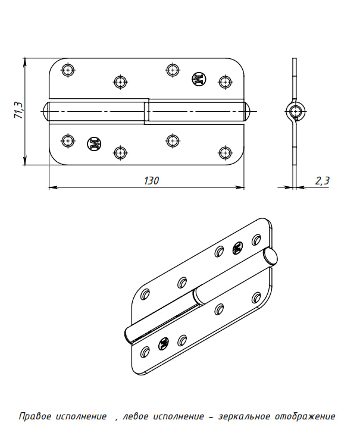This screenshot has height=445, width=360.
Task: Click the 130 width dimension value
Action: coord(151,180)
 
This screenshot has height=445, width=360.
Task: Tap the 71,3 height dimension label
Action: coord(19,110)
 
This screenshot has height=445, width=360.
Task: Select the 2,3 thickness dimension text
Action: coord(323,180)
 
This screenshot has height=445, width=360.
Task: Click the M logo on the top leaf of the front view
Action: coord(199,79)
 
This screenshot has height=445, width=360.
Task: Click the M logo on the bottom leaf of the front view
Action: coord(95,143)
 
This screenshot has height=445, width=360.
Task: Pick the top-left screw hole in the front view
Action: coord(68,70)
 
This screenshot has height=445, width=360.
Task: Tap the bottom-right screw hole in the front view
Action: coord(225,153)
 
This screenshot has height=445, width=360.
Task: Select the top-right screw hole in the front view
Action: coord(225,82)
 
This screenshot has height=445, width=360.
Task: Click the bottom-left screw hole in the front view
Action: coord(68,140)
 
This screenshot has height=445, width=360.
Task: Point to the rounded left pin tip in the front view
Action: coord(46,111)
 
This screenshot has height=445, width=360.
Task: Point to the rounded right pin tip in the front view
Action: coord(247,111)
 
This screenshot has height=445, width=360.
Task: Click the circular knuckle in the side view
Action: coord(296,111)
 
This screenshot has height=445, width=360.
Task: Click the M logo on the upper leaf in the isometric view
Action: coord(237,248)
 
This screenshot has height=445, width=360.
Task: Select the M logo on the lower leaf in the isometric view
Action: coord(163,344)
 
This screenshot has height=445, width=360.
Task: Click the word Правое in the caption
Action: coord(35,416)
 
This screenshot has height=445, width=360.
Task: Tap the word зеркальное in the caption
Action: coord(244,416)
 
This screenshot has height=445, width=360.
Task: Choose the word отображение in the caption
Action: coord(305,416)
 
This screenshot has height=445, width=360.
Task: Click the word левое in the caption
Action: coord(136,416)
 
